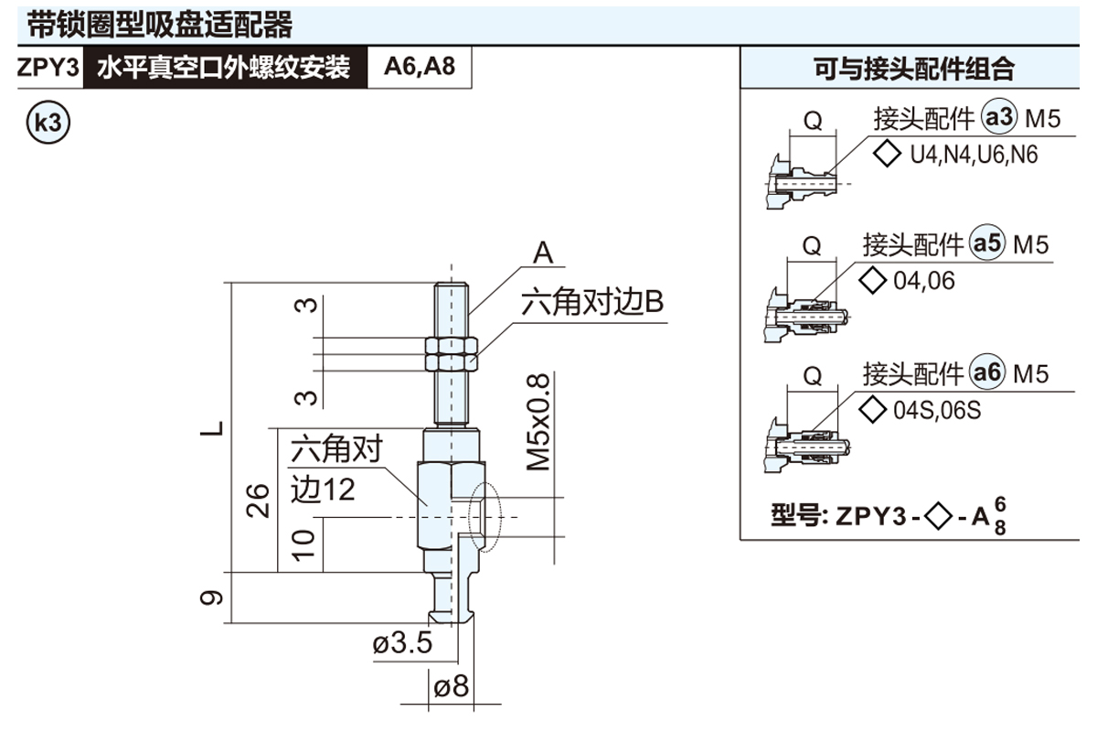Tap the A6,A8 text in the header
420,68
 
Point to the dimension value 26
260,499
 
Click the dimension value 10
306,544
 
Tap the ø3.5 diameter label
402,644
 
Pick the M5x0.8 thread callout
539,421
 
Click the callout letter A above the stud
544,253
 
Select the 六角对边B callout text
591,303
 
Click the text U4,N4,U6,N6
974,155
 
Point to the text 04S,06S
936,410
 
